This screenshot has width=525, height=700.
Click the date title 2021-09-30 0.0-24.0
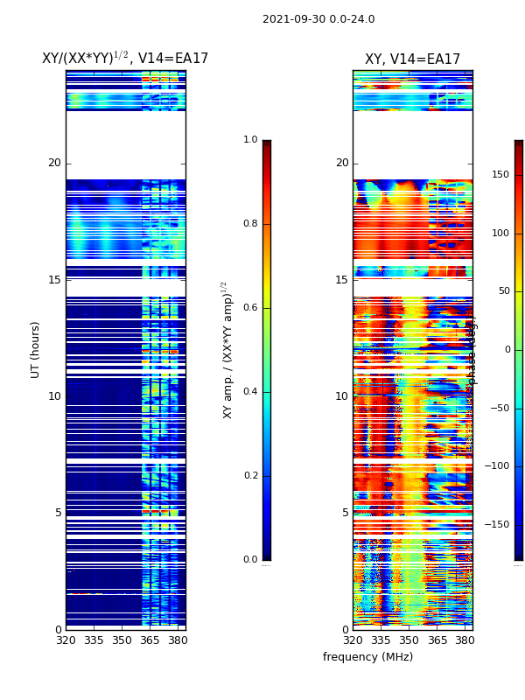coord(318,19)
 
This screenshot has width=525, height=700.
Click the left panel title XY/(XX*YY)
coord(125,59)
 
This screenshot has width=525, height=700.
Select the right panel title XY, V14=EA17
coord(412,59)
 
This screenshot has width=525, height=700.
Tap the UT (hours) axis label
coord(36,349)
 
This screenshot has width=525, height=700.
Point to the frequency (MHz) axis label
coord(367,657)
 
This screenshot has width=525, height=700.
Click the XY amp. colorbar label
coord(227,349)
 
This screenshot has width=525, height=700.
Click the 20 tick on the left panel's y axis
coord(54,163)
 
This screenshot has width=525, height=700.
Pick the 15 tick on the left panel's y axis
coord(54,280)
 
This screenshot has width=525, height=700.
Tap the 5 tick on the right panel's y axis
coord(345,513)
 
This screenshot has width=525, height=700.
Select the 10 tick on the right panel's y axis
coord(341,396)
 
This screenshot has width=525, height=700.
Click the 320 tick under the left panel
coord(66,640)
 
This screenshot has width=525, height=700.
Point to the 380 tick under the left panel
coord(178,640)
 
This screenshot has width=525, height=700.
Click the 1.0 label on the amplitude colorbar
coord(250,140)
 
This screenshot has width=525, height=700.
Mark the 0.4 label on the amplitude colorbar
coord(250,392)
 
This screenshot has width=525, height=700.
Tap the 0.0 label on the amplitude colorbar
coord(250,560)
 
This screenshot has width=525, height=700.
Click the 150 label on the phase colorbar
coord(500,175)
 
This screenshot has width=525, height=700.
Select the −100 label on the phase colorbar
coord(498,466)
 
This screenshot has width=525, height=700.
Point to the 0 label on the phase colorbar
coord(506,350)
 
